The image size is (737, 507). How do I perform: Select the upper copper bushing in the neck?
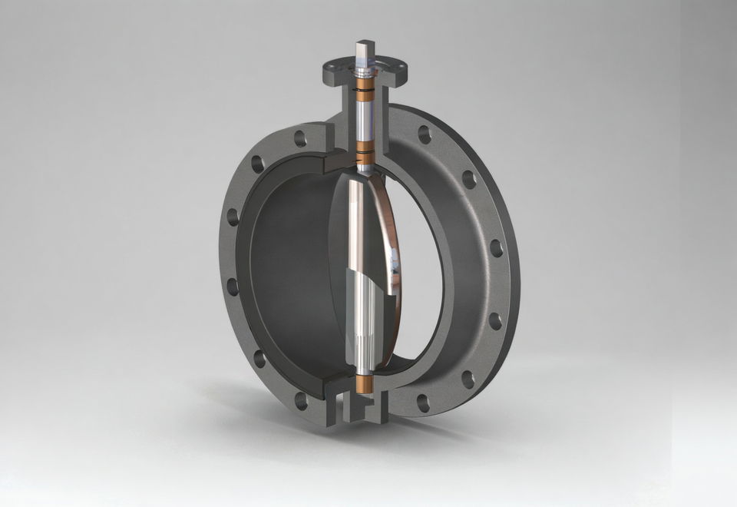[x=364, y=84]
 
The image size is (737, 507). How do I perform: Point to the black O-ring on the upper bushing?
[x=364, y=91]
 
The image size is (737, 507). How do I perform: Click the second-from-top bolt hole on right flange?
[x=468, y=179]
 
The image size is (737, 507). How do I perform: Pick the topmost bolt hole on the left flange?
[x=299, y=139]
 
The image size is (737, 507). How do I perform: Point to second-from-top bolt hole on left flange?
[x=258, y=164]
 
